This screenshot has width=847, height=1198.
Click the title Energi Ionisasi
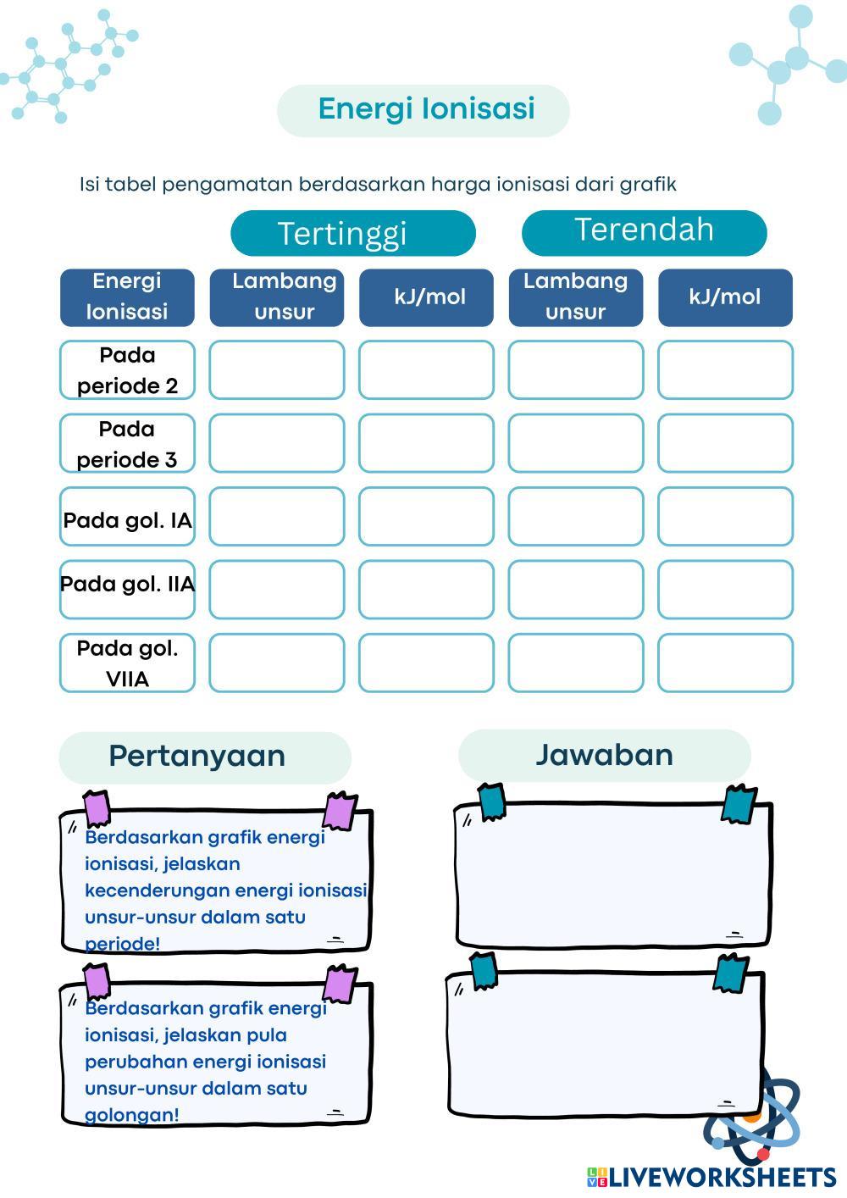pos(426,109)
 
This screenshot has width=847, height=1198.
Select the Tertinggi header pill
pos(352,233)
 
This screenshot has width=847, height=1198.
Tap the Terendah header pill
pos(644,230)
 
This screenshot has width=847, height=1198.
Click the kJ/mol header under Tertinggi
pos(426,297)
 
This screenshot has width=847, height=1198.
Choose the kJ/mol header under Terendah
pos(725,297)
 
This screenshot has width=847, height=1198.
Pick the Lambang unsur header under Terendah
pos(575,297)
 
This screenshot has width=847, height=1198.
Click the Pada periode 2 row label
pos(127,370)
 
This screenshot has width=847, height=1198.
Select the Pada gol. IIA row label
pos(127,585)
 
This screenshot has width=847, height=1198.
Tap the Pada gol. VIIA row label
pos(127,663)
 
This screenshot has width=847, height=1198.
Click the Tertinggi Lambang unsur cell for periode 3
pos(277,443)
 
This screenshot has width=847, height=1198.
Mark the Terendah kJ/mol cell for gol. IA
pos(725,516)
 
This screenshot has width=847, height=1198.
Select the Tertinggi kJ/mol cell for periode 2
pos(426,370)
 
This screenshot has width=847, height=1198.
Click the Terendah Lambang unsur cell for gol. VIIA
pos(575,663)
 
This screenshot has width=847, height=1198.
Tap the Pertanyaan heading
pos(197,756)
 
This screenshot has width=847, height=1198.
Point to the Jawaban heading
pos(604,755)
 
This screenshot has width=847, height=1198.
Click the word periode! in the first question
pos(123,944)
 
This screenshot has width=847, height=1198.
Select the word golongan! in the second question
pos(132,1115)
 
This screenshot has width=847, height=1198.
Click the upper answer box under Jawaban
pos(613,874)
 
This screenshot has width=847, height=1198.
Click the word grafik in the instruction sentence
pos(647,184)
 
